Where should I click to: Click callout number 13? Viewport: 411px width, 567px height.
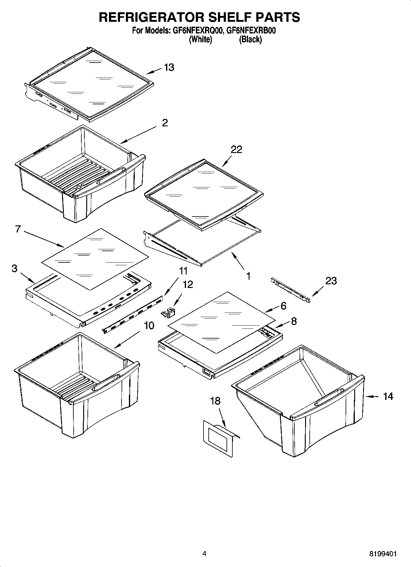coord(169,67)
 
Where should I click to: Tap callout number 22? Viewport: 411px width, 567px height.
coord(236,149)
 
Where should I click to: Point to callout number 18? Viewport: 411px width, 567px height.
coord(215,400)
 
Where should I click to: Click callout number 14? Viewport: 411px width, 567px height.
coord(388,396)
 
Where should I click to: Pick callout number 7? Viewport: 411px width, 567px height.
coord(18,229)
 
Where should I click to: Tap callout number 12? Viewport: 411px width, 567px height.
coord(188,284)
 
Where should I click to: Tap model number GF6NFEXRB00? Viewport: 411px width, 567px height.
coord(251,31)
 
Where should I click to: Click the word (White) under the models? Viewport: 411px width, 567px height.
coord(200,39)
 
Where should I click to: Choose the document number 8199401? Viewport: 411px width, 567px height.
coord(383,554)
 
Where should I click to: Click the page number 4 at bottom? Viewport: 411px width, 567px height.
coord(204,554)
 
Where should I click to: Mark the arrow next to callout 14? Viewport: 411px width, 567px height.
coord(372,397)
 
